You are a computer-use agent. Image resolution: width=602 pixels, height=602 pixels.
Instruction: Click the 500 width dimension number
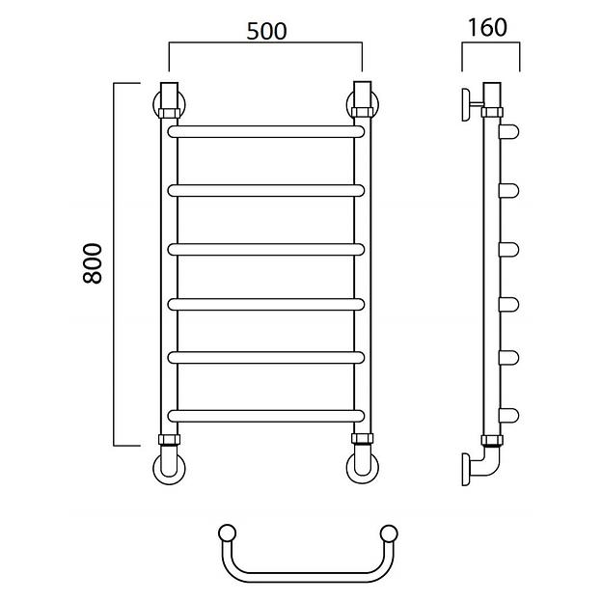coord(266,31)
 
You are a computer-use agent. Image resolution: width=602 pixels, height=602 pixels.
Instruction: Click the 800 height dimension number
coord(93,263)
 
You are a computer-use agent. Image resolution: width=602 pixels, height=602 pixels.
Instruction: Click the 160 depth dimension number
coord(487,27)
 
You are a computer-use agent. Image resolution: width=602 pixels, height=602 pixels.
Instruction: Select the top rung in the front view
coord(265,131)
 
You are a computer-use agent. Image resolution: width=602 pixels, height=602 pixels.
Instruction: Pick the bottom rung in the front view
coord(265,416)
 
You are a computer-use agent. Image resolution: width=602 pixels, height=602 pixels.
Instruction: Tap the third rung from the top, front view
coord(265,250)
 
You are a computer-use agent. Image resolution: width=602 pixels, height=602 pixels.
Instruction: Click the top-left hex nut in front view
coord(170,113)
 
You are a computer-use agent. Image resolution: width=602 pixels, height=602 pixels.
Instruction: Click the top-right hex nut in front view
coord(362,112)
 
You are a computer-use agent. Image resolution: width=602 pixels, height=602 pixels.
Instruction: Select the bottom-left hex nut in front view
coord(170,439)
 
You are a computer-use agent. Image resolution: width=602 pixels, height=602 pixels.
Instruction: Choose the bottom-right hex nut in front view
coord(362,438)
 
